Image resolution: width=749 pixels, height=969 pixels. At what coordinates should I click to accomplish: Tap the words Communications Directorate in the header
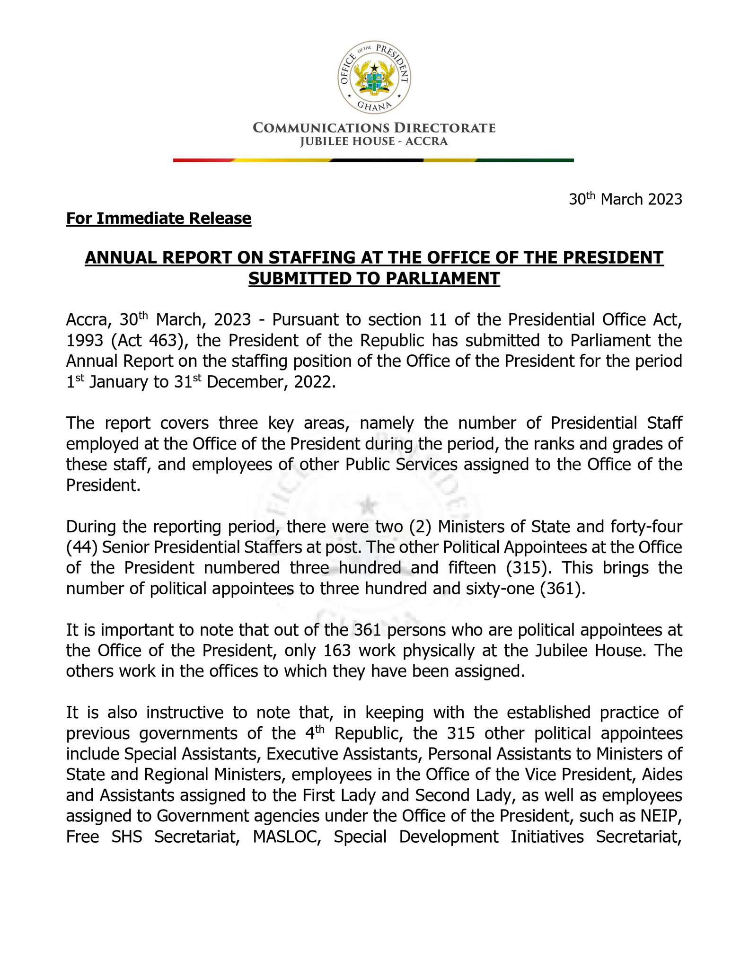coord(374,128)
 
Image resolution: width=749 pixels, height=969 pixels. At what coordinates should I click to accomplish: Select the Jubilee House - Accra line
coord(374,141)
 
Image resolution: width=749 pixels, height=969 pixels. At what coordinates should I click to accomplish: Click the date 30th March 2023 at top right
coord(625,199)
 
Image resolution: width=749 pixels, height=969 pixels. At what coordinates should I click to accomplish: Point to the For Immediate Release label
coord(159,219)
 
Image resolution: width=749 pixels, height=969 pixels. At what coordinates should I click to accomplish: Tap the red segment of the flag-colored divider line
coord(203,160)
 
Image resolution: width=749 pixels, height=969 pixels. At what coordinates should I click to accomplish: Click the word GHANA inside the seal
coord(374,105)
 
